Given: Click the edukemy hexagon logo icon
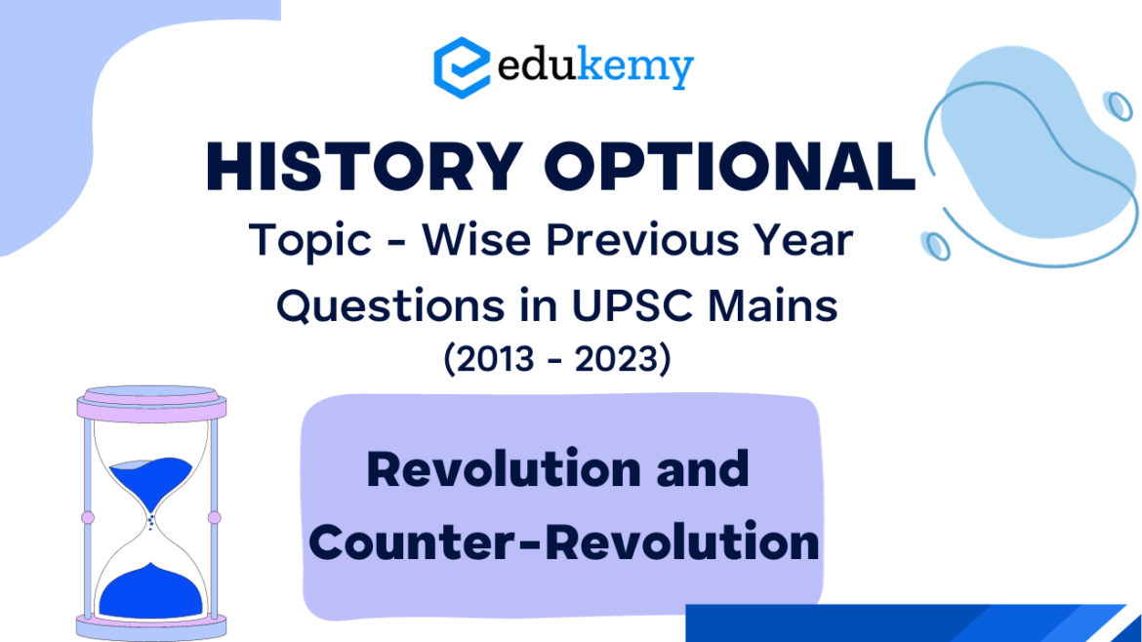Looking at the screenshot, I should tap(461, 66).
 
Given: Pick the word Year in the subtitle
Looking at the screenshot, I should tap(806, 239).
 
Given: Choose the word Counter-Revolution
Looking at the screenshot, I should tap(564, 542).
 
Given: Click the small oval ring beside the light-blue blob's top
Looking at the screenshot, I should tap(1118, 105).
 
